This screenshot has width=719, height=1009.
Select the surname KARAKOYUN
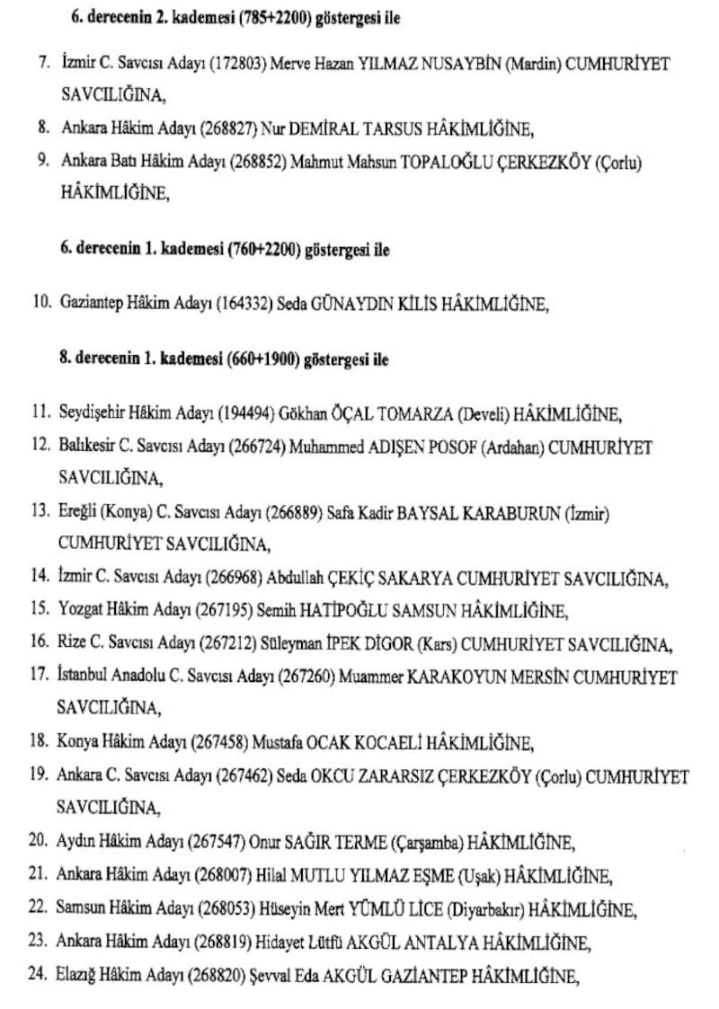(455, 677)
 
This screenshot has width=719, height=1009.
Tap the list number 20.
(39, 842)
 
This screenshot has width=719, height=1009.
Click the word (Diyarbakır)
(485, 909)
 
